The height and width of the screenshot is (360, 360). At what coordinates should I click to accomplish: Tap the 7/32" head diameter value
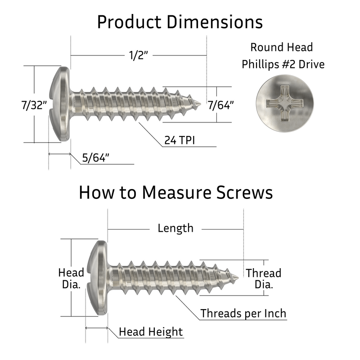(x=34, y=106)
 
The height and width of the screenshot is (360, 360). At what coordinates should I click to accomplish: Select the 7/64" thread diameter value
(x=220, y=106)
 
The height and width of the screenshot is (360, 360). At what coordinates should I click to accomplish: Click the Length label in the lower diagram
(x=175, y=228)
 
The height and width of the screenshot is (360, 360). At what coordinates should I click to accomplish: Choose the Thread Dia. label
(x=263, y=279)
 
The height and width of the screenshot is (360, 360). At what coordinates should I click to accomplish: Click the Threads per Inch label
(x=243, y=313)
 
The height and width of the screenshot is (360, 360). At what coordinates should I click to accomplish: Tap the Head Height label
(x=151, y=332)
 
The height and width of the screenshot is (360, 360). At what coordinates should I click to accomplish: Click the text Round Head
(x=281, y=47)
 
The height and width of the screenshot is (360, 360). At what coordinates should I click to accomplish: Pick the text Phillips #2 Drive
(x=283, y=64)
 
